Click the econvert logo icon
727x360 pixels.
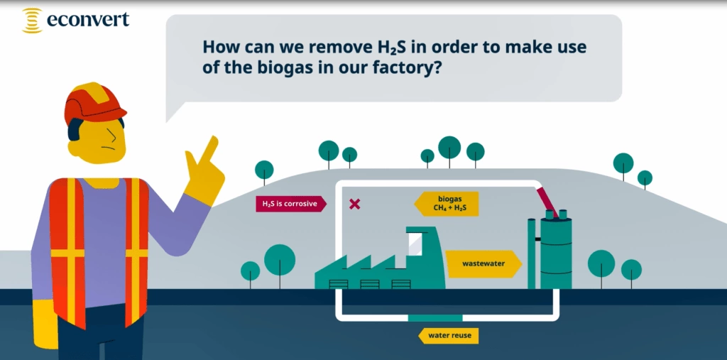[x=32, y=21]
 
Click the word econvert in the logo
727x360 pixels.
[x=88, y=20]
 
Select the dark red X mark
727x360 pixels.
[x=354, y=204]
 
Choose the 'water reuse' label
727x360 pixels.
[x=449, y=334]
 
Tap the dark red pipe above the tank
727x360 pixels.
[x=545, y=200]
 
